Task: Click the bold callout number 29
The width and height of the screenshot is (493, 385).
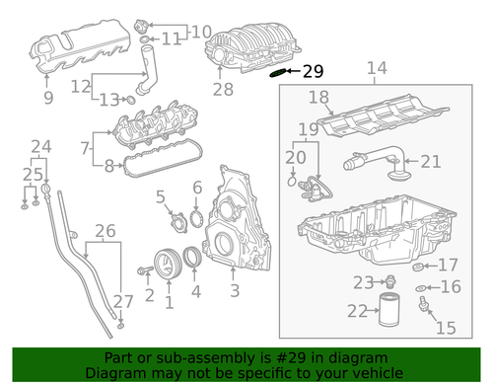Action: [313, 71]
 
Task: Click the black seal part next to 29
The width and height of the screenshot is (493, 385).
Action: [280, 71]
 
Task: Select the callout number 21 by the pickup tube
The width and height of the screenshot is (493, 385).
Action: [431, 162]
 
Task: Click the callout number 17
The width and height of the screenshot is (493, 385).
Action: [448, 264]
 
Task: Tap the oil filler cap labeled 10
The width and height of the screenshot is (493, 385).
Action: [148, 20]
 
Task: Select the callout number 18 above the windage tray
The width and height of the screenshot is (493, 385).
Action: [317, 97]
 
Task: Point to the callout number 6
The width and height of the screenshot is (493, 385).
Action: [197, 187]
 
